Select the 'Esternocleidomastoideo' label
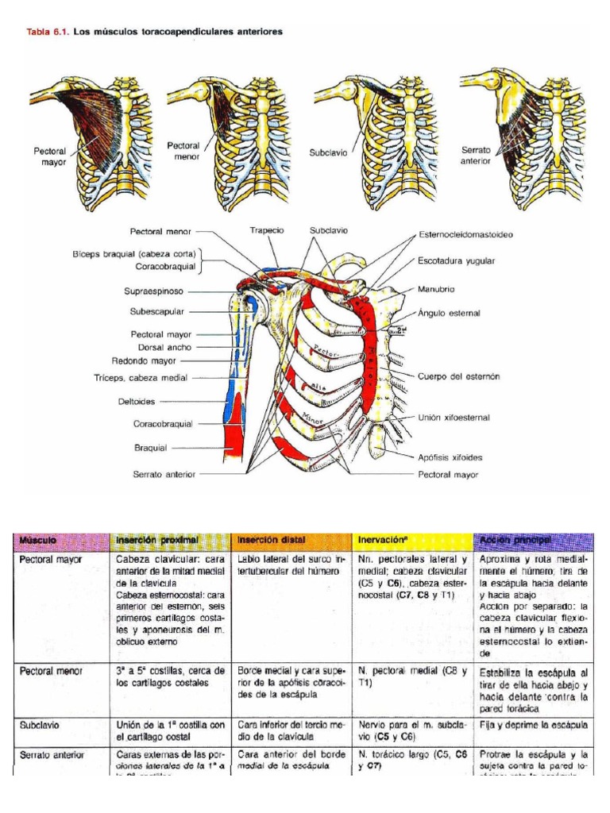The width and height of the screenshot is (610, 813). coord(466,235)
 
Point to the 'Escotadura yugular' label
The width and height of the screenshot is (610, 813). coord(457,260)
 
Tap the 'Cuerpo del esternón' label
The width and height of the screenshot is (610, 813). coord(459,376)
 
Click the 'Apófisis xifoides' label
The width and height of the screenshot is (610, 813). coord(450,457)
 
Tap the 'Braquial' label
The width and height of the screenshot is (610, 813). coord(151,448)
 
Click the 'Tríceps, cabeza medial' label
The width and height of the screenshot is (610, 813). coord(140,378)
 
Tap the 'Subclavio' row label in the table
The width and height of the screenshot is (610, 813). coord(40,725)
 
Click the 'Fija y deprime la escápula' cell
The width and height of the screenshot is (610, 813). coord(531,725)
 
